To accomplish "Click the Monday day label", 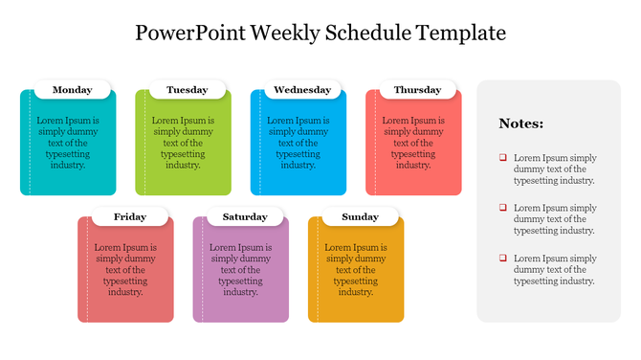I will pyautogui.click(x=73, y=90).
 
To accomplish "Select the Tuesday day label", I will pyautogui.click(x=187, y=90).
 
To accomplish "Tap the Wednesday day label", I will pyautogui.click(x=302, y=90).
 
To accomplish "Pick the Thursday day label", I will pyautogui.click(x=417, y=90).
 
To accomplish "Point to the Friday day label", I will pyautogui.click(x=130, y=217).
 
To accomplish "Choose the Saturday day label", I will pyautogui.click(x=245, y=217).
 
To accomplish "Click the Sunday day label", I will pyautogui.click(x=360, y=217).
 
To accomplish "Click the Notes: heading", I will pyautogui.click(x=521, y=124).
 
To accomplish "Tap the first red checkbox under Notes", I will pyautogui.click(x=502, y=158).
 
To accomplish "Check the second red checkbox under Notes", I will pyautogui.click(x=502, y=208).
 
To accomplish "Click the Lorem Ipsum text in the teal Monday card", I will pyautogui.click(x=68, y=143).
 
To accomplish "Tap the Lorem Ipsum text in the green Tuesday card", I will pyautogui.click(x=183, y=143).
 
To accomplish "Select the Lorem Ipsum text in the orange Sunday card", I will pyautogui.click(x=356, y=270).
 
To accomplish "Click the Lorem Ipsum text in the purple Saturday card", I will pyautogui.click(x=241, y=270).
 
